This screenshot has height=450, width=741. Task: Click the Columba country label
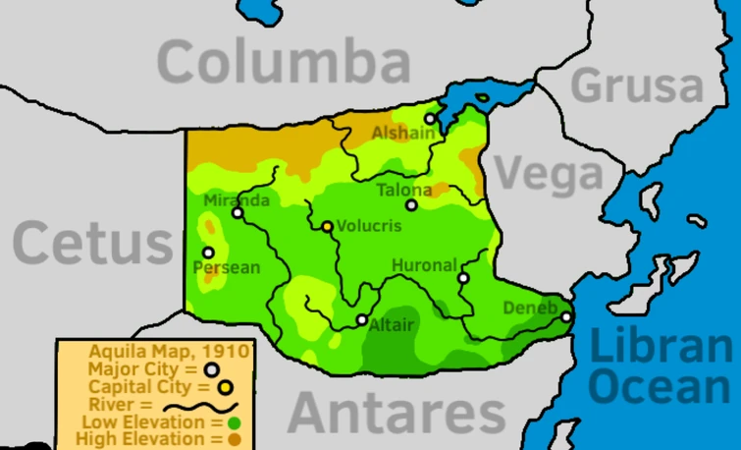[284, 63]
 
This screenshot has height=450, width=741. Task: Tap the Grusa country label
[638, 85]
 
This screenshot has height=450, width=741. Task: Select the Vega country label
[549, 175]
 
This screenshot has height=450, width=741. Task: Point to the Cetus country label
[93, 243]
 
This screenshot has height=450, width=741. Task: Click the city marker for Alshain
[429, 119]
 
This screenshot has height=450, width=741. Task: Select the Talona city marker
[411, 205]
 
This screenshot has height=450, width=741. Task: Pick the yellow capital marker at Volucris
[328, 227]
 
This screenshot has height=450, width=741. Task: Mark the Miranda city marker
[238, 212]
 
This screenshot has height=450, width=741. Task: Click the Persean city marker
[208, 253]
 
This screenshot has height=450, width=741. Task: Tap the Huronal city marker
[463, 278]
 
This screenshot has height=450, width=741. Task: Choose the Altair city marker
[362, 319]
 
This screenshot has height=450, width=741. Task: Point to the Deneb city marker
[565, 316]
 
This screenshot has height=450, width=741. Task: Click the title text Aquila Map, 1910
[169, 351]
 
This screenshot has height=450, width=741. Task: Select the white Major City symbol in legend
[211, 369]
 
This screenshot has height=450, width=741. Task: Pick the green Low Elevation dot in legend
[234, 422]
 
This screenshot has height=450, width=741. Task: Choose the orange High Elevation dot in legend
[235, 439]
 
